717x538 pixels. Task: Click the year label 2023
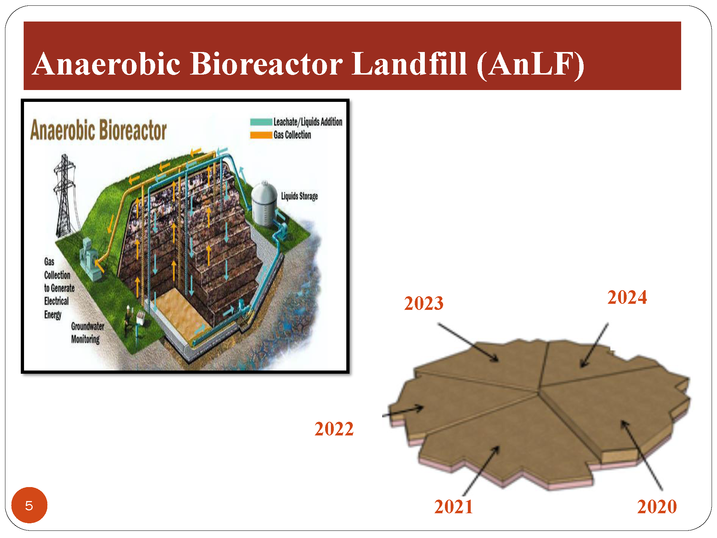(424, 303)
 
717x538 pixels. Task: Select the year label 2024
(627, 297)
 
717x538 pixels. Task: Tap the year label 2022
(334, 429)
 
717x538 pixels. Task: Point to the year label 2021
(454, 506)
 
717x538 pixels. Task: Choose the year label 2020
(657, 506)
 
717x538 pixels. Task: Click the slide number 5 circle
(29, 505)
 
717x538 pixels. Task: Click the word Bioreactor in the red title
(266, 64)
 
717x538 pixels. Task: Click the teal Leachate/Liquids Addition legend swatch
(261, 122)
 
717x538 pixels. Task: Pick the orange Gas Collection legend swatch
(261, 135)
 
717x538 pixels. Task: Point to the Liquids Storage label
(299, 196)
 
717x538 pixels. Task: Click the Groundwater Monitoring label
(88, 333)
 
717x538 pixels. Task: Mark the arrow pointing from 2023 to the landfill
(468, 343)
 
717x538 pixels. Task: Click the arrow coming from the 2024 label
(594, 345)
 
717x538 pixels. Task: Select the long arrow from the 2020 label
(642, 455)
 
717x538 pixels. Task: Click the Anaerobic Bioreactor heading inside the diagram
(99, 130)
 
